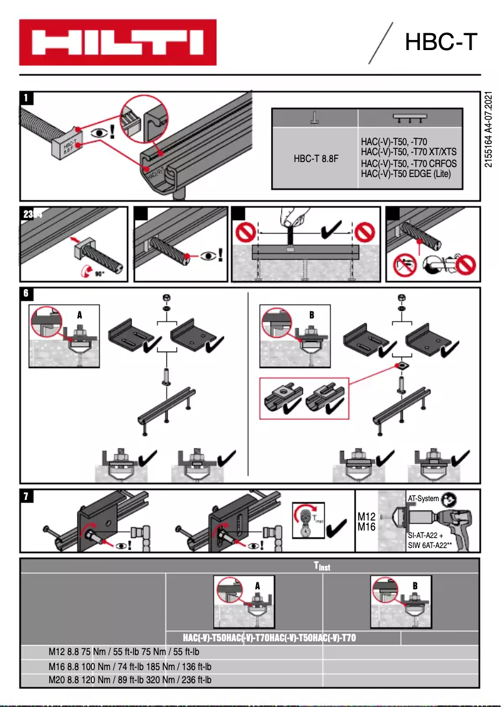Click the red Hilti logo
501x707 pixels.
click(117, 42)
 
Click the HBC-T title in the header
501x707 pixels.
click(440, 42)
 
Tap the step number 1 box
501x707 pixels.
click(27, 98)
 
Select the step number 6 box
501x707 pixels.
click(27, 292)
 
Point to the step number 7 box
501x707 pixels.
click(27, 496)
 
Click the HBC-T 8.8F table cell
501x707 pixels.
click(315, 159)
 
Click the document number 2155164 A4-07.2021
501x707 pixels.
click(489, 130)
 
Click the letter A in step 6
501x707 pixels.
click(79, 315)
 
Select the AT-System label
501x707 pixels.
click(423, 499)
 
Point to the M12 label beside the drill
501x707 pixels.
click(366, 517)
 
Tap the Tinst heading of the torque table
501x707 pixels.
click(322, 567)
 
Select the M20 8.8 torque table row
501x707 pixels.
click(130, 680)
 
